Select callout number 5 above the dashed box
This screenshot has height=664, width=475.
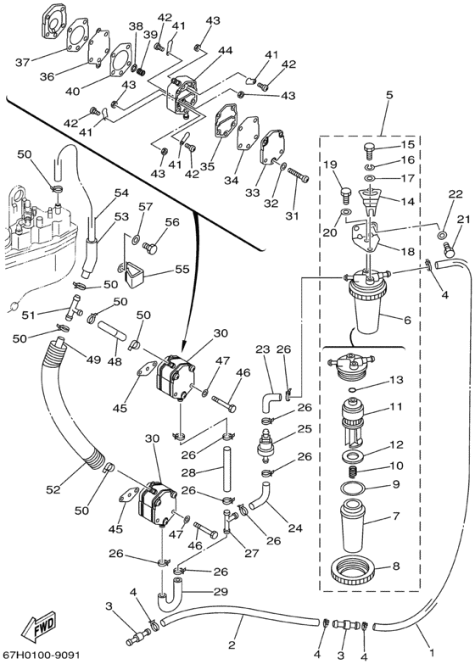(388, 95)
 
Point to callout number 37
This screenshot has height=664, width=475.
(23, 63)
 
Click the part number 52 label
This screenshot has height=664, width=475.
(53, 490)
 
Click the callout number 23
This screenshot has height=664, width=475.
(263, 349)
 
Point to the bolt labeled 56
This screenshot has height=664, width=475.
(149, 246)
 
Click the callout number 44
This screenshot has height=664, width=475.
(225, 51)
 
